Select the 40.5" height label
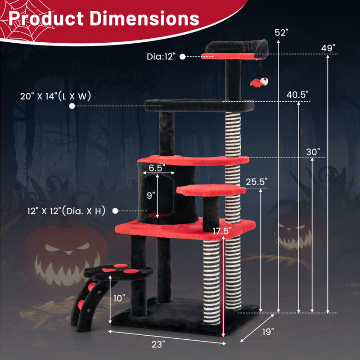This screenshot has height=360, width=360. (x=297, y=94)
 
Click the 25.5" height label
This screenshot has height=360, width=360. (x=257, y=181)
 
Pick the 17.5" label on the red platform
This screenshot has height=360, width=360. (x=222, y=231)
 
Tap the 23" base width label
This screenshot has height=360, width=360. (x=158, y=344)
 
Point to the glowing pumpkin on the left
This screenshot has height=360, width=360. (x=65, y=256)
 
